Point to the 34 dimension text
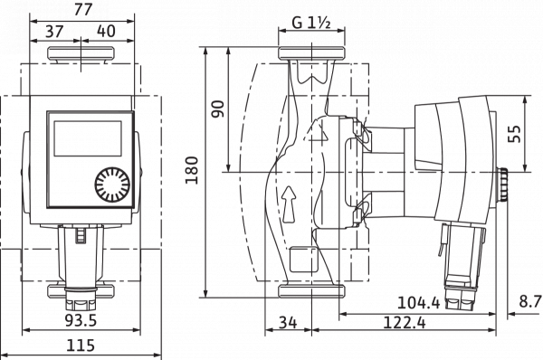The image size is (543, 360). [288, 320]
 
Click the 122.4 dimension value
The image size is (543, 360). [417, 320]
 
